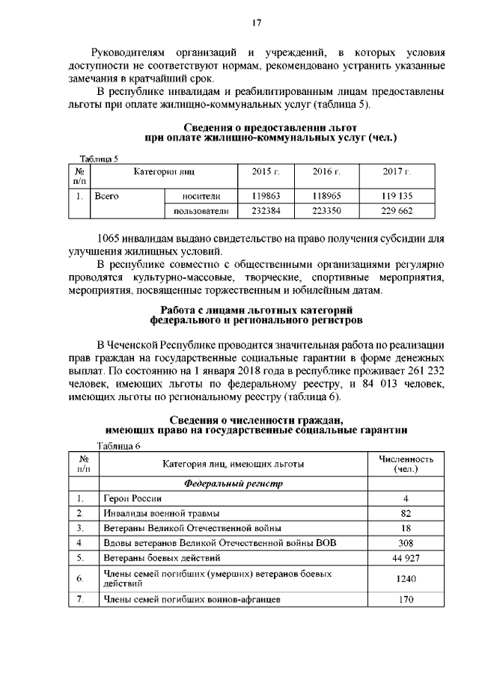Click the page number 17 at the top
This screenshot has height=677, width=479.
click(255, 23)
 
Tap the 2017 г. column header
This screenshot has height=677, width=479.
click(396, 173)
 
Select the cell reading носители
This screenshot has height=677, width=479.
click(201, 196)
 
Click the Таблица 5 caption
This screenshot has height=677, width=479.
click(100, 158)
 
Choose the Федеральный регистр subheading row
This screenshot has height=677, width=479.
click(234, 483)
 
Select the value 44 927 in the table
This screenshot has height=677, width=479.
click(405, 558)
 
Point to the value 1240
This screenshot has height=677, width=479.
click(405, 578)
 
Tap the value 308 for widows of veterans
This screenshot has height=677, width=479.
click(405, 543)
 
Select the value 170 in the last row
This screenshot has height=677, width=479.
click(405, 599)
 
